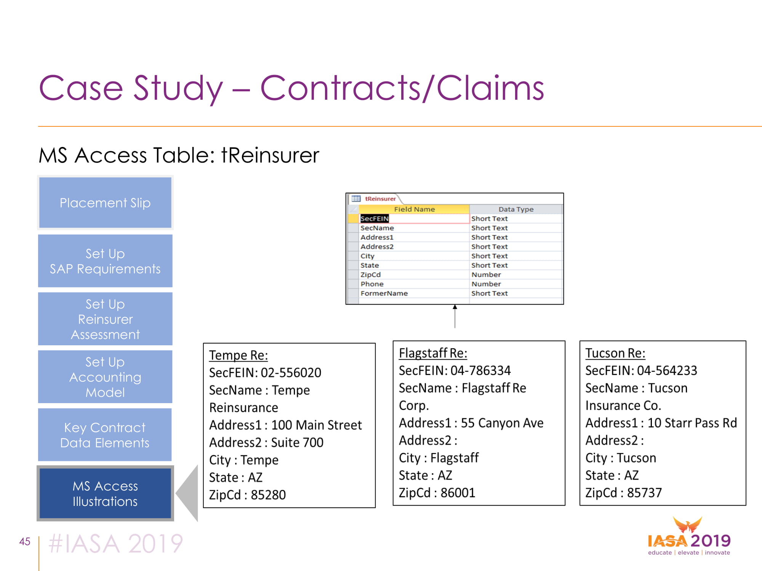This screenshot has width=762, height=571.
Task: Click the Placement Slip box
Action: point(105,203)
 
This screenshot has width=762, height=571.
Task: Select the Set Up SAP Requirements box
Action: point(105,261)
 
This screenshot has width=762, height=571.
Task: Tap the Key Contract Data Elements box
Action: point(105,435)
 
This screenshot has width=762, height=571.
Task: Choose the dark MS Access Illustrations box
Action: point(105,493)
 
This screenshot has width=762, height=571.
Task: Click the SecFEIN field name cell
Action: point(375,219)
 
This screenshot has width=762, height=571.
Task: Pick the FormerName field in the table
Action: point(384,293)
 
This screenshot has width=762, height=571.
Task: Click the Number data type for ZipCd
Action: point(486,274)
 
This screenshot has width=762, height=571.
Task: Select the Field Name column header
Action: point(414,209)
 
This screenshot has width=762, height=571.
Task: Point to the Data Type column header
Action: point(516,209)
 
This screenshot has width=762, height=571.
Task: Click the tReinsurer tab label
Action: point(380,198)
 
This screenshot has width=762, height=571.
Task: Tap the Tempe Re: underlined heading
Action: point(239,355)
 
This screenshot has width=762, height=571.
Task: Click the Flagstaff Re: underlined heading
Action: point(433,353)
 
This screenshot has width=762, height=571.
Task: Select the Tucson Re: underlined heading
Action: point(615,353)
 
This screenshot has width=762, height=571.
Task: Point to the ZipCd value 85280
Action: point(268,495)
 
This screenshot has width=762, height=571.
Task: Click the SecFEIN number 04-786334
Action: point(481,370)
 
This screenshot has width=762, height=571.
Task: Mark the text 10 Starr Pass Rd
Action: point(692,423)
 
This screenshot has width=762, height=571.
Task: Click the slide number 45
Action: point(25,541)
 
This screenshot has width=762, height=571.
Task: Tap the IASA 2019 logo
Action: point(689,536)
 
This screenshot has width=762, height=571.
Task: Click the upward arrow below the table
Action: point(455,316)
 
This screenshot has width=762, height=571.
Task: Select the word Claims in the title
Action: point(490,88)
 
